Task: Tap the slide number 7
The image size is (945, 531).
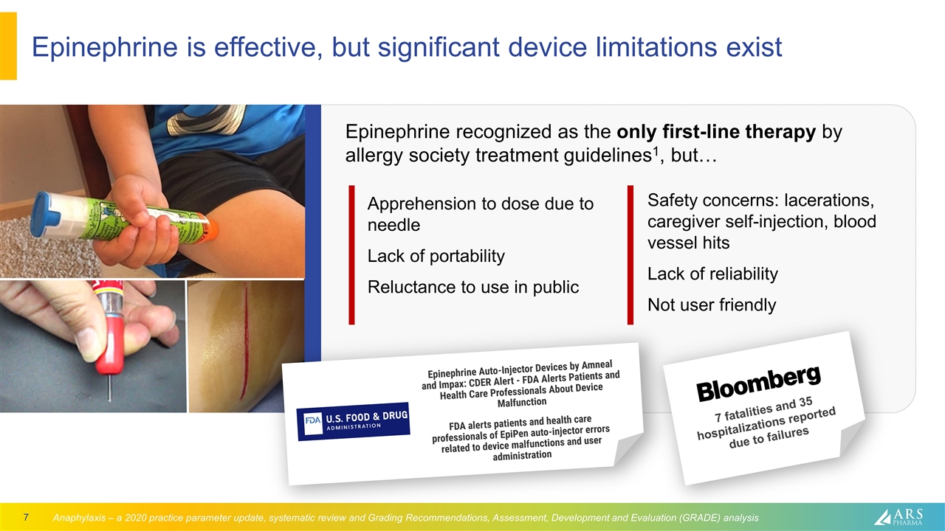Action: [26, 517]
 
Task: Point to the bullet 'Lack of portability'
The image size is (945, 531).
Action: [436, 256]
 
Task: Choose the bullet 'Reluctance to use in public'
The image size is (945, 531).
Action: [473, 287]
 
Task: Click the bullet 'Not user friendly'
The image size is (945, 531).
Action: [711, 305]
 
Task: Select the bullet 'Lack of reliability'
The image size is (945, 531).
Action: [712, 274]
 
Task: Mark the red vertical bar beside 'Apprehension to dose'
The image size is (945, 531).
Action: [352, 255]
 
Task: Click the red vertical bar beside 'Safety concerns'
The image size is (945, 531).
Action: [630, 255]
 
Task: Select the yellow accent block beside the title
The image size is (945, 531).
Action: [8, 46]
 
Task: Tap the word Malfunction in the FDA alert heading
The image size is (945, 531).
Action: [521, 402]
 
